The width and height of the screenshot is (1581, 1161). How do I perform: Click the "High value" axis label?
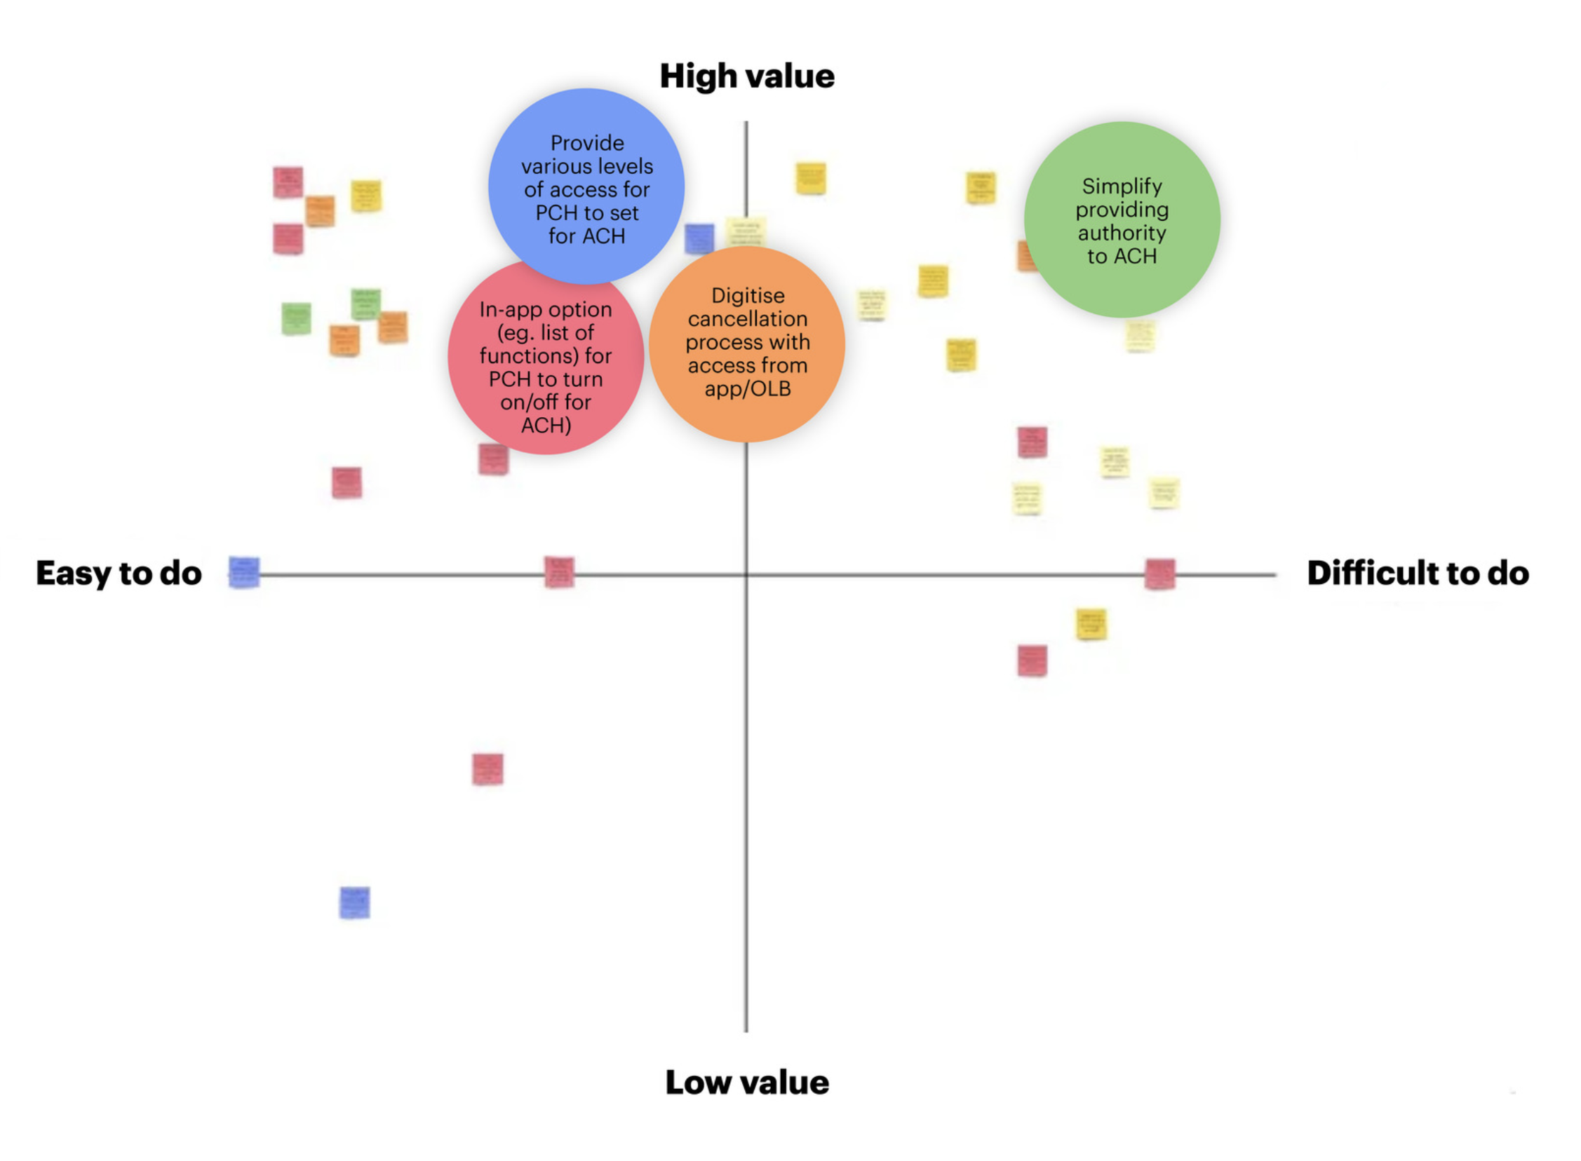(x=746, y=76)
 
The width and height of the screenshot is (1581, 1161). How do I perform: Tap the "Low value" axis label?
(x=746, y=1082)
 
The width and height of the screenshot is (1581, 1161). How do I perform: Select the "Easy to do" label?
(x=119, y=573)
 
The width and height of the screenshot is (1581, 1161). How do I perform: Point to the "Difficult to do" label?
(x=1417, y=573)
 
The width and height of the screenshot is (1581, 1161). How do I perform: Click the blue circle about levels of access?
(x=586, y=186)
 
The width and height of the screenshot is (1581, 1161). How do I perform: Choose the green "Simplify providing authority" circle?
(x=1122, y=219)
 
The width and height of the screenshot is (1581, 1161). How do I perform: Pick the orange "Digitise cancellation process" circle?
(x=746, y=343)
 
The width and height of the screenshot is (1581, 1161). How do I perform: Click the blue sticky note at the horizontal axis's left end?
(x=244, y=572)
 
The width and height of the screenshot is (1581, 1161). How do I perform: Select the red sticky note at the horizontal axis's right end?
(x=1159, y=573)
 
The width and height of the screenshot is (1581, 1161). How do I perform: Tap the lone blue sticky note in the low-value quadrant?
(x=354, y=902)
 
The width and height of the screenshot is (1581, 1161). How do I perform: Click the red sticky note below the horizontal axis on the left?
(x=487, y=769)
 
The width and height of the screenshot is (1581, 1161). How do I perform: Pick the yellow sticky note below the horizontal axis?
(x=1091, y=623)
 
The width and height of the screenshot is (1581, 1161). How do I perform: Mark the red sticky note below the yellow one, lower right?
(x=1032, y=660)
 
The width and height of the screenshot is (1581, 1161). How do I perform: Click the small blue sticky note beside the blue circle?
(x=699, y=239)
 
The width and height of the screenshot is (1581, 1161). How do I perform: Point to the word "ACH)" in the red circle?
(x=546, y=426)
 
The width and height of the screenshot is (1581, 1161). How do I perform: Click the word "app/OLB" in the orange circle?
(x=747, y=388)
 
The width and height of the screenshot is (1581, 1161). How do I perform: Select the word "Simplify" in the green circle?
(x=1122, y=186)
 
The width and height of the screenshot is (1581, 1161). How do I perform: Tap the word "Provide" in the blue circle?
(x=587, y=143)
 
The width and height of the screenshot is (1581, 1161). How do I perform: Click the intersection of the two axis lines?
(x=746, y=575)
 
